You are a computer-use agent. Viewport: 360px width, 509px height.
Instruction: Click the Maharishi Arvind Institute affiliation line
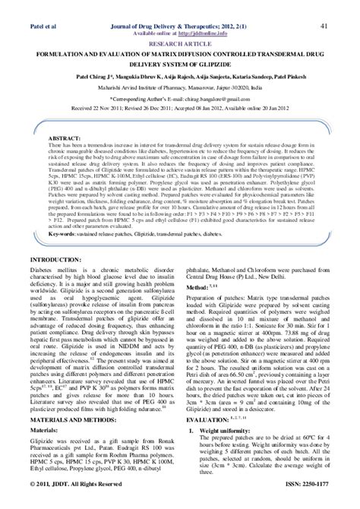(179, 87)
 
